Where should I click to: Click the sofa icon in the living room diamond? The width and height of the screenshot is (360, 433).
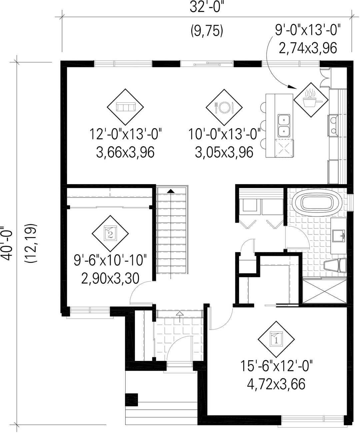pos(125,107)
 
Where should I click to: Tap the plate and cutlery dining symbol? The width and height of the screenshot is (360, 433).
pos(224,107)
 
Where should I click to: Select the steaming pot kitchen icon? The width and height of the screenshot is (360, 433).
pos(311,99)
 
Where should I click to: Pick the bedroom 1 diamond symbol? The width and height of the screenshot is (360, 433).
pos(276,339)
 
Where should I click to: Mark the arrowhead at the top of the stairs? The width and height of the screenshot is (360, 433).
pos(171,191)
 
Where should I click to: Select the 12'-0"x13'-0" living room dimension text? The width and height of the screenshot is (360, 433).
pos(125,134)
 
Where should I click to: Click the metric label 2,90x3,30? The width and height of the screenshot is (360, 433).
pos(110,278)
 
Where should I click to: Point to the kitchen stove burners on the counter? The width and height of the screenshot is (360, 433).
pos(333,125)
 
